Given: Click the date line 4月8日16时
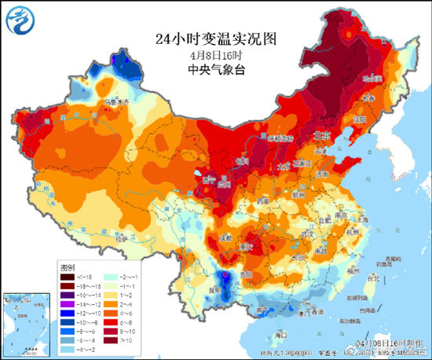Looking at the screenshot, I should [x=216, y=55].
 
